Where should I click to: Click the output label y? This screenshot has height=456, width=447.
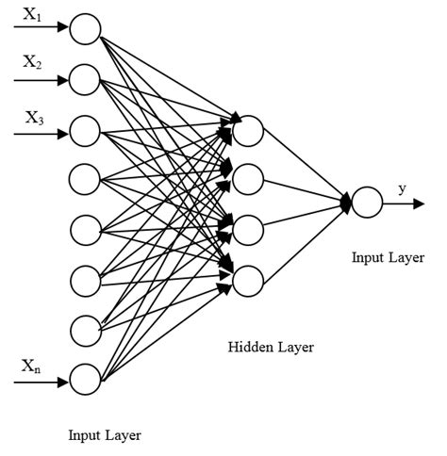point(403,188)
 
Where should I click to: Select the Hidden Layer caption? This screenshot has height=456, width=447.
point(271,348)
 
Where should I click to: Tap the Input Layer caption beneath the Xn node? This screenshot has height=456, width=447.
point(105,434)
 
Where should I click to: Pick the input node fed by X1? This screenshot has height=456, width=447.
point(85,29)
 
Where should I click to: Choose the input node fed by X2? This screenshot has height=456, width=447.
point(85,79)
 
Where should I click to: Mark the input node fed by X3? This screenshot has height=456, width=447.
point(85,129)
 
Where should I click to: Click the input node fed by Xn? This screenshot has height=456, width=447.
point(85,382)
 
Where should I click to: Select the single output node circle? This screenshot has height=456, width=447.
point(367,203)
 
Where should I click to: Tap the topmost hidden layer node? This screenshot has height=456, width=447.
point(247,131)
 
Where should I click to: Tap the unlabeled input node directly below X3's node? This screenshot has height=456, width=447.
point(85,178)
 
